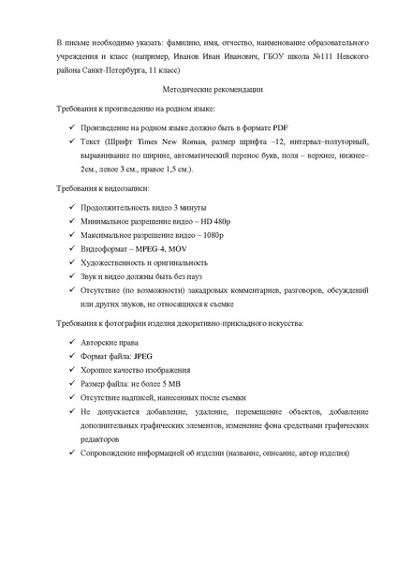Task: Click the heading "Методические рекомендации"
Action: click(x=198, y=90)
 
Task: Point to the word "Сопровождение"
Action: click(x=110, y=453)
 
